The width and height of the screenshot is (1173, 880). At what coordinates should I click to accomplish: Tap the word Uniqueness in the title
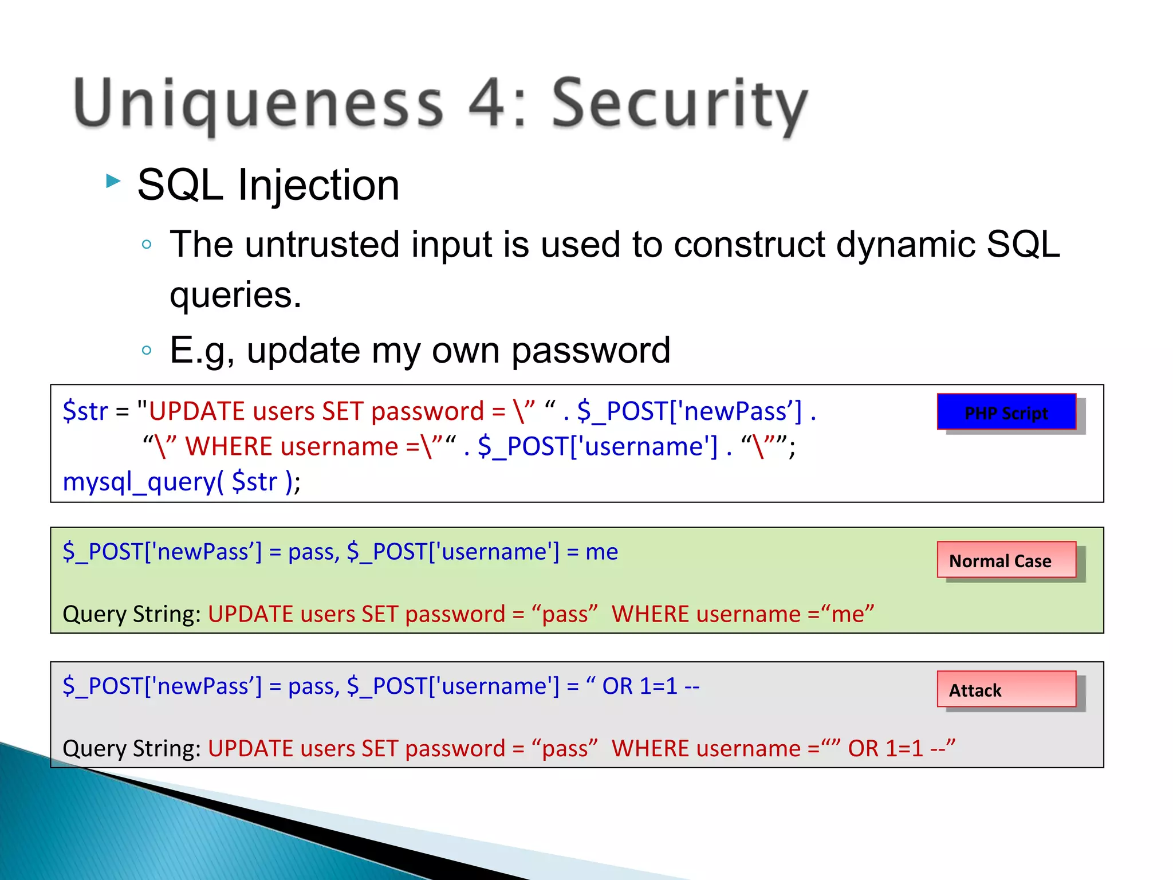pyautogui.click(x=258, y=104)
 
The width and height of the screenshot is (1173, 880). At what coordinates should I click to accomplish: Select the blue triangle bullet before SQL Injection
pyautogui.click(x=113, y=182)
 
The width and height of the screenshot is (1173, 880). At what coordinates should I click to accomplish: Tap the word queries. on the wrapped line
pyautogui.click(x=235, y=295)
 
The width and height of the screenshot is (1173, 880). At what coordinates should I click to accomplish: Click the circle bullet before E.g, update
pyautogui.click(x=147, y=350)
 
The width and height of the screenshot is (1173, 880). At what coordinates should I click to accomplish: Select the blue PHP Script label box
pyautogui.click(x=1006, y=412)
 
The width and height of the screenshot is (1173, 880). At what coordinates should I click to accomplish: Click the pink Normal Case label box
pyautogui.click(x=1006, y=560)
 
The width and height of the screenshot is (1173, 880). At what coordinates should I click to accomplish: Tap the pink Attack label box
pyautogui.click(x=1006, y=689)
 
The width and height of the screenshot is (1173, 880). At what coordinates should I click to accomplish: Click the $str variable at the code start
pyautogui.click(x=85, y=411)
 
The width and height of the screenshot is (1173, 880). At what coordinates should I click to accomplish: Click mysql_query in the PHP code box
pyautogui.click(x=140, y=482)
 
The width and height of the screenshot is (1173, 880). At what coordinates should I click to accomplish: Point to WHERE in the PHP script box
pyautogui.click(x=234, y=446)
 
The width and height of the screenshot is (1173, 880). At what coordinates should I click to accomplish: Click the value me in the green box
pyautogui.click(x=601, y=552)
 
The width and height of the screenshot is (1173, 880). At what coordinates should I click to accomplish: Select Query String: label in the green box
pyautogui.click(x=131, y=614)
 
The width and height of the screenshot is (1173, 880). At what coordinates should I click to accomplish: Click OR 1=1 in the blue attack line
pyautogui.click(x=639, y=686)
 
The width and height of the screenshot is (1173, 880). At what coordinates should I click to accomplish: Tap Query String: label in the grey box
pyautogui.click(x=131, y=749)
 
